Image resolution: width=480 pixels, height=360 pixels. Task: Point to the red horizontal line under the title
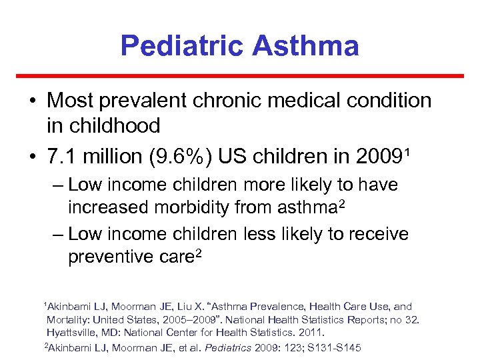coord(240,76)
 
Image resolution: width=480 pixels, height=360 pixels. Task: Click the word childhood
coord(103,125)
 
